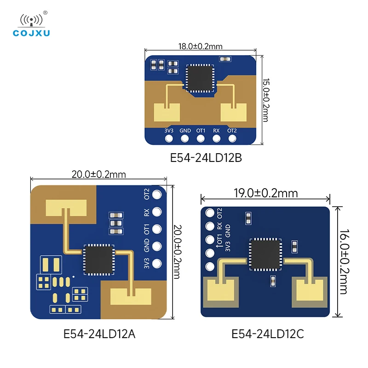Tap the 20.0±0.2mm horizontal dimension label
[98, 174]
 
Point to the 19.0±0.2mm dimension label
[266, 193]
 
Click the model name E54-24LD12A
[99, 333]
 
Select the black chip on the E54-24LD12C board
[265, 254]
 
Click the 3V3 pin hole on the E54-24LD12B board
[169, 138]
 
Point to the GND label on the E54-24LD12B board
[185, 131]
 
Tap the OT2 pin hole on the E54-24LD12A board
[157, 195]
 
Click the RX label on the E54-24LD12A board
[146, 213]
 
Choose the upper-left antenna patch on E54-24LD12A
[66, 208]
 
